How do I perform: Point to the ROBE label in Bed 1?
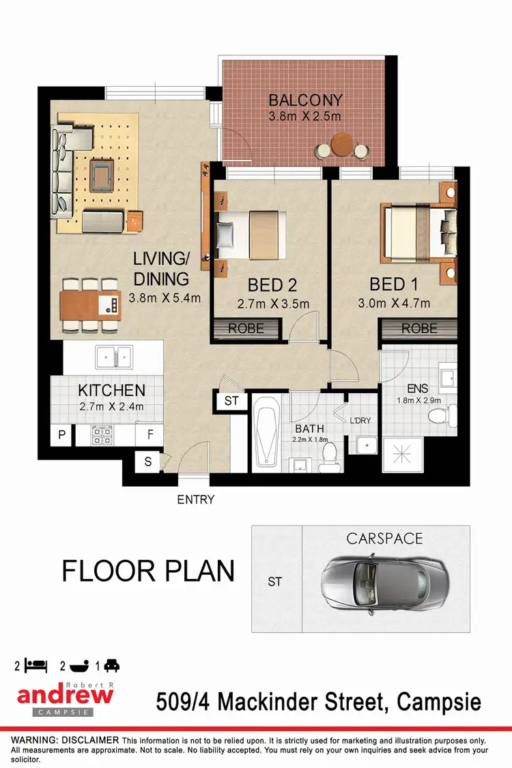pyautogui.click(x=418, y=328)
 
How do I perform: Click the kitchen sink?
pyautogui.click(x=113, y=356)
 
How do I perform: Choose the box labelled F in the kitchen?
pyautogui.click(x=149, y=434)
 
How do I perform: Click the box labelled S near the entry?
pyautogui.click(x=148, y=461)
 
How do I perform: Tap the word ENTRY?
pyautogui.click(x=196, y=500)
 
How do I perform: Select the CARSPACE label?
pyautogui.click(x=384, y=539)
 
